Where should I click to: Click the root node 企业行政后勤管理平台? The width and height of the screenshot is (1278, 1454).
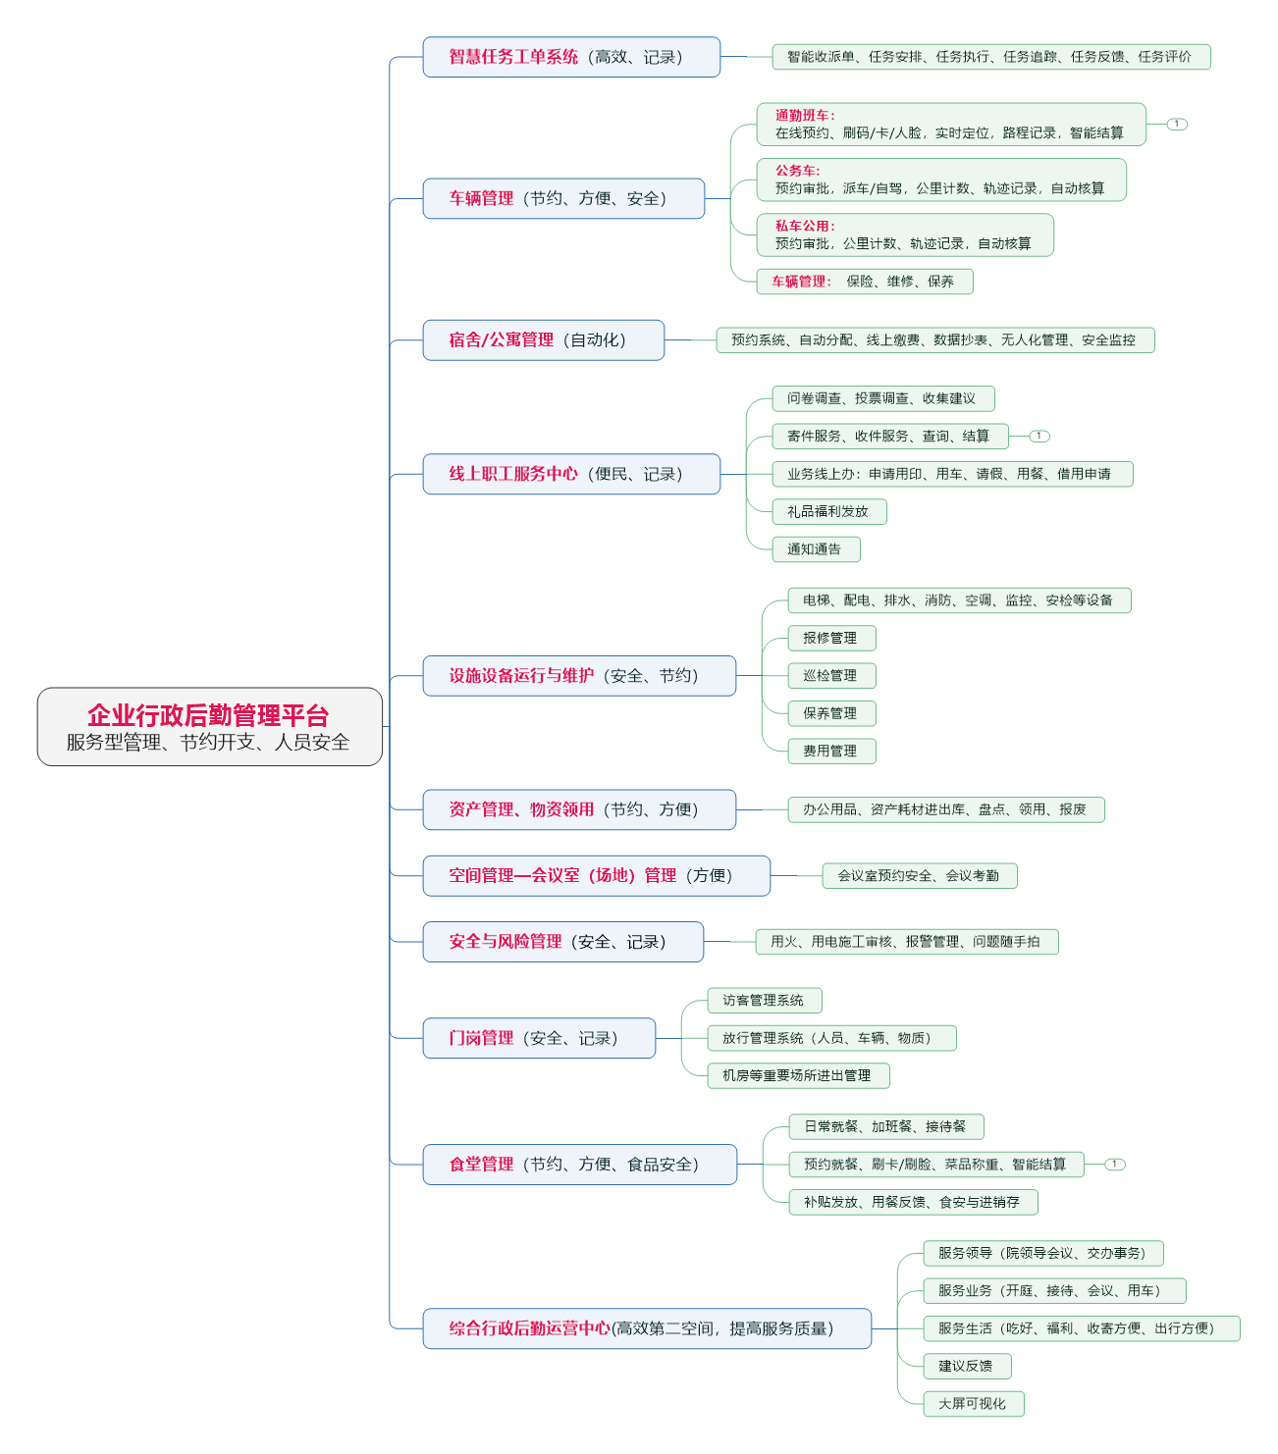pos(209,727)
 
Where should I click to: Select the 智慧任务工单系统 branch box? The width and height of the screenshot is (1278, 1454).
pos(571,57)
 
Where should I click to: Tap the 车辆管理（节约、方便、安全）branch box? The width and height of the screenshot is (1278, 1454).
pos(563,198)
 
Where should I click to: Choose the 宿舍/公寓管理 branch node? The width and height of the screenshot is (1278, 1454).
pos(543,340)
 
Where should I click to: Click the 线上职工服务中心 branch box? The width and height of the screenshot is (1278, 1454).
pos(571,474)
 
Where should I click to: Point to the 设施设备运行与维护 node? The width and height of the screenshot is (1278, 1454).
pos(579,676)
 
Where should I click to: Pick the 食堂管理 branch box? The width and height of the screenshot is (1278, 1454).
pos(579,1165)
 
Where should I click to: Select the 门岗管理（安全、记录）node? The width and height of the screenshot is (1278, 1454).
pos(539,1038)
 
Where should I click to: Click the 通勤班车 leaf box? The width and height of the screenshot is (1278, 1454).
pos(950,125)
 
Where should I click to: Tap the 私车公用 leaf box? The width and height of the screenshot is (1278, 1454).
pos(904,235)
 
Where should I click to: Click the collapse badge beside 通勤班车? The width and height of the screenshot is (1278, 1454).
pos(1177,125)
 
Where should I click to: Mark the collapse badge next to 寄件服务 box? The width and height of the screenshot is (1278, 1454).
pos(1039,436)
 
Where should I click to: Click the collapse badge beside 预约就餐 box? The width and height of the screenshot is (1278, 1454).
pos(1115,1165)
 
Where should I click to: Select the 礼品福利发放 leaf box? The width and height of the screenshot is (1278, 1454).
pos(829,511)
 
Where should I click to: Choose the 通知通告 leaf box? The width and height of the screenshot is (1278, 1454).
pos(816,549)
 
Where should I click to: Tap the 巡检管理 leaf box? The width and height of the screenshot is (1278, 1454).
pos(831,676)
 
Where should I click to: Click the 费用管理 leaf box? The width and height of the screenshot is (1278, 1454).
pos(831,752)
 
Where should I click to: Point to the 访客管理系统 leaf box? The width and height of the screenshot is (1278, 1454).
pos(764,1001)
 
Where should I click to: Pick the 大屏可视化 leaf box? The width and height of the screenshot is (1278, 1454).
pos(973,1404)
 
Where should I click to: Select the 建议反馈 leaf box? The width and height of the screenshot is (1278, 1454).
pos(967,1366)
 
